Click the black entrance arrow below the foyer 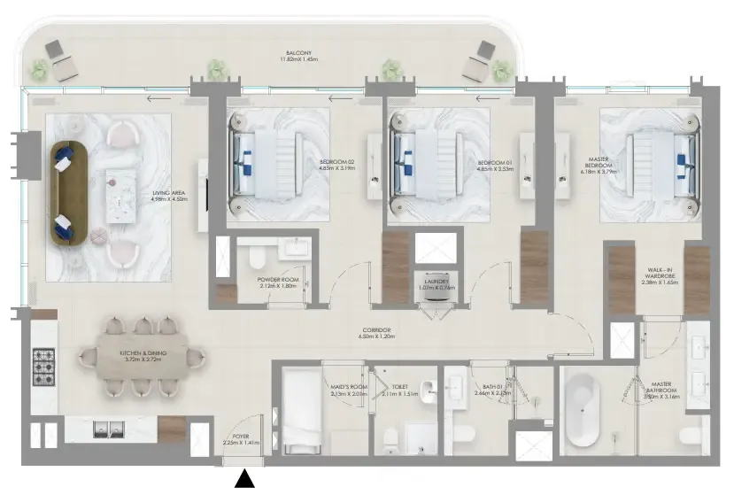coord(244,479)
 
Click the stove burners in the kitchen coord(45,360)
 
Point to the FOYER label coord(241,437)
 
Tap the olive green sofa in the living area coord(65,190)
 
